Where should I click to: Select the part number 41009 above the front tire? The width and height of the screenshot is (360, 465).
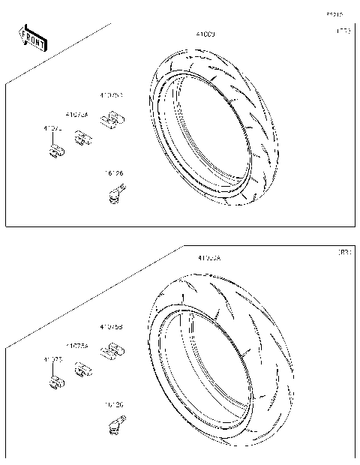tap(205, 34)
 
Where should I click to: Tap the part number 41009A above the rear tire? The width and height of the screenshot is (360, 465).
tap(209, 258)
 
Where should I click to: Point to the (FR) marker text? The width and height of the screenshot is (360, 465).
tap(342, 31)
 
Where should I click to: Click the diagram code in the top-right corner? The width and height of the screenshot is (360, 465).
tap(334, 13)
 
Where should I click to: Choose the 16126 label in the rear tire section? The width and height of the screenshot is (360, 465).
tap(114, 404)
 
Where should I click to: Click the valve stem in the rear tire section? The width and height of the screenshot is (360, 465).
tap(112, 426)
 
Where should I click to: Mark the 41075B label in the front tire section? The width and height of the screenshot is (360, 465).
tap(112, 95)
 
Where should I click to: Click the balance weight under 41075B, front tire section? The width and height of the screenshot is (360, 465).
tap(113, 118)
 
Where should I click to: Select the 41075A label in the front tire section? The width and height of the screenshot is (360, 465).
tap(76, 115)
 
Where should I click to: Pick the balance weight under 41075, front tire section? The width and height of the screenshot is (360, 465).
tap(54, 152)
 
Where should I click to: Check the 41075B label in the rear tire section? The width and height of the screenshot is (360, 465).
tap(112, 327)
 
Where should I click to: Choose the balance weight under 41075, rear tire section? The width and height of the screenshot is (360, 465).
tap(54, 383)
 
